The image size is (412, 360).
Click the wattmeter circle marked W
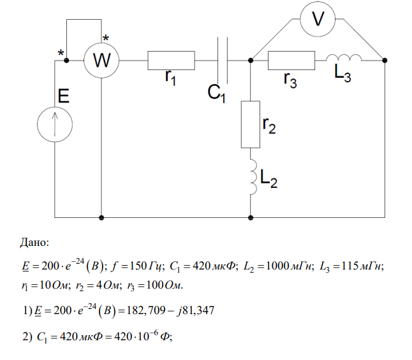pos(102,61)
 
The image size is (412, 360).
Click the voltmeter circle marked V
pos(316,20)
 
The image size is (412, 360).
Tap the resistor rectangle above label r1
pos(171,61)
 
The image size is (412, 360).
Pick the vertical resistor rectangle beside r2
pos(251,123)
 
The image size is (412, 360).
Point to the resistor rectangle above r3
pos(291,61)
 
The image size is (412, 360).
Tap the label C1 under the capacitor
pos(219,92)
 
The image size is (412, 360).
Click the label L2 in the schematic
pos(269,180)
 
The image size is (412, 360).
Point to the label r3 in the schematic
pos(290,80)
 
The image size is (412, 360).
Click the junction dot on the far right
pos(385,61)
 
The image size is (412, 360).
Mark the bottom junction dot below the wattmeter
pos(102,217)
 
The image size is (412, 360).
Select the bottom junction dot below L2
pos(251,217)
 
